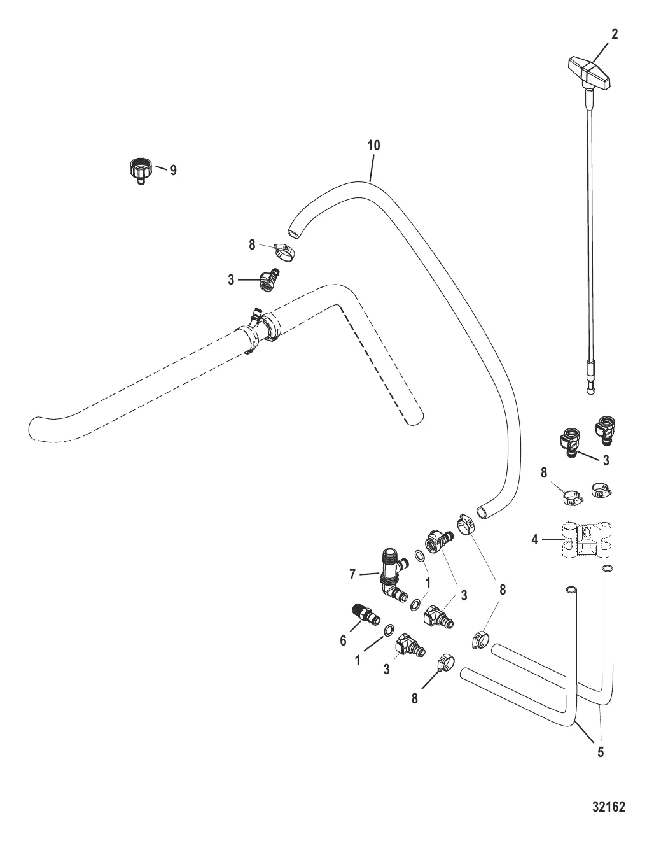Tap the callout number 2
point(615,34)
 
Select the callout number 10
point(373,146)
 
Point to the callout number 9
point(173,170)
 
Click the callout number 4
point(535,539)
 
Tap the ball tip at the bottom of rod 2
point(590,392)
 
